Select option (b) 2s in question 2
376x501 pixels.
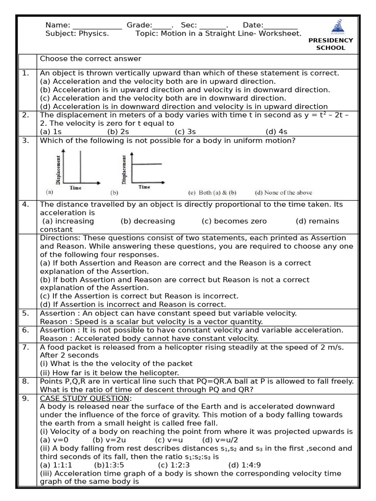coord(118,132)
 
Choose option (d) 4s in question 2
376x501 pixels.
coord(277,132)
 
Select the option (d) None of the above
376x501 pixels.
coord(283,193)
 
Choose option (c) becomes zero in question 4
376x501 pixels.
coord(234,221)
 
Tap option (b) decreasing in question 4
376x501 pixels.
coord(147,221)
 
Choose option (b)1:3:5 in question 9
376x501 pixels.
coord(109,465)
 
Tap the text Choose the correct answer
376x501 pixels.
coord(91,59)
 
